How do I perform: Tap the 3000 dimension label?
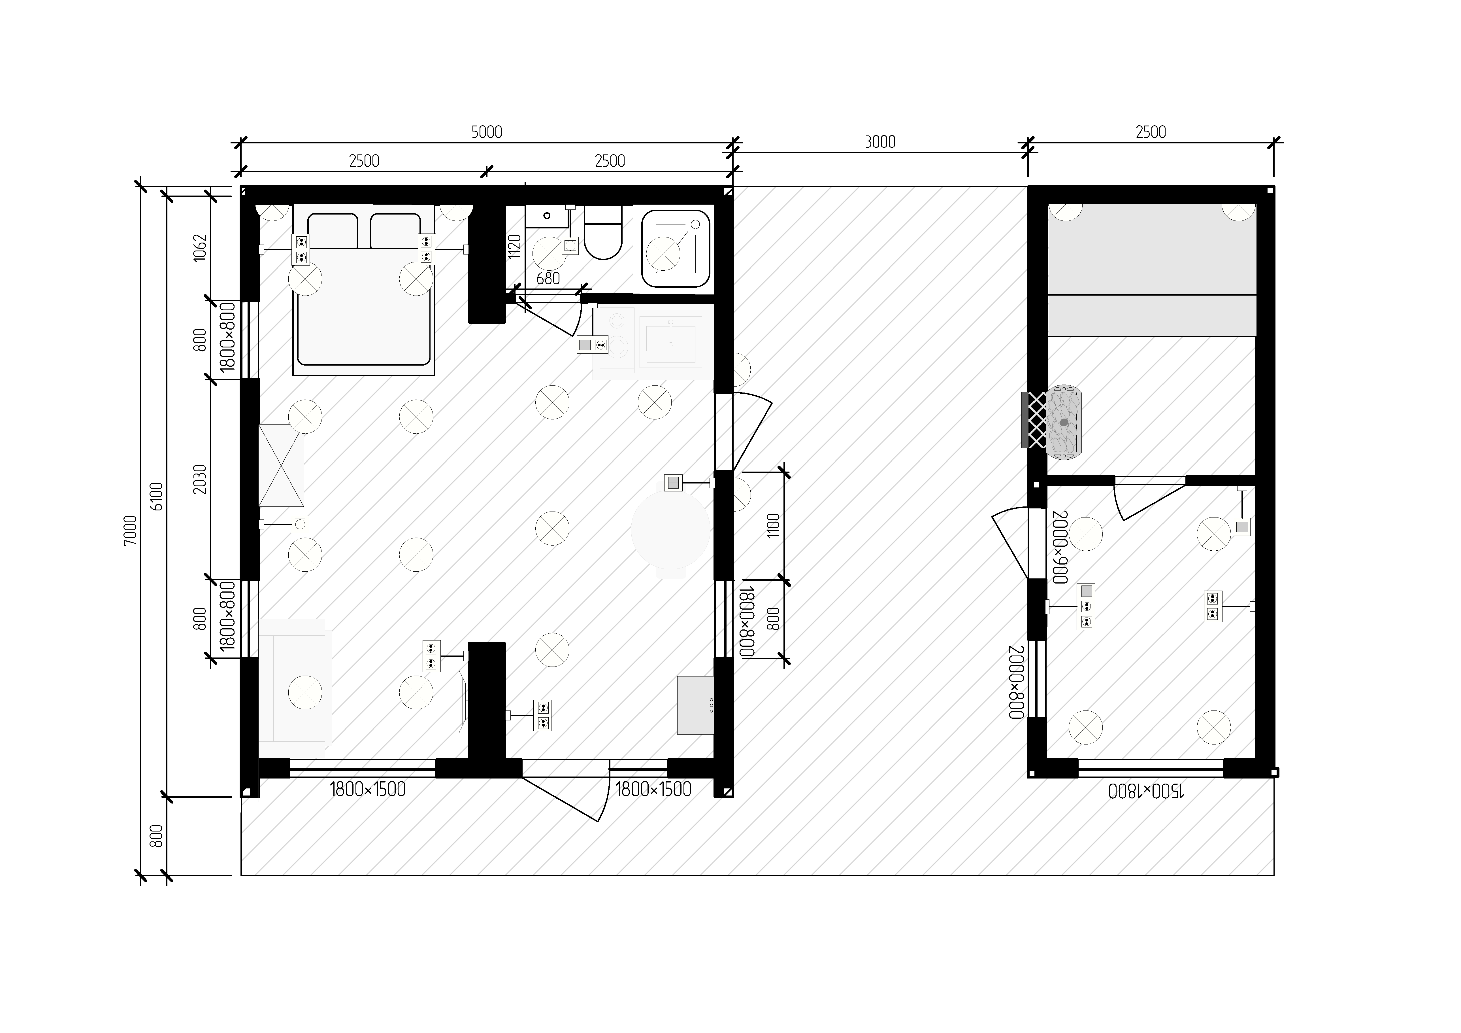[x=880, y=142]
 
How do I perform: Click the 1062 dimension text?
[x=200, y=248]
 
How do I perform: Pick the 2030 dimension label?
[x=200, y=479]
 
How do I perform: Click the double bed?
[x=363, y=290]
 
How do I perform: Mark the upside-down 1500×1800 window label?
[x=1146, y=791]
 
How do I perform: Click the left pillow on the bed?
[x=332, y=231]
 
